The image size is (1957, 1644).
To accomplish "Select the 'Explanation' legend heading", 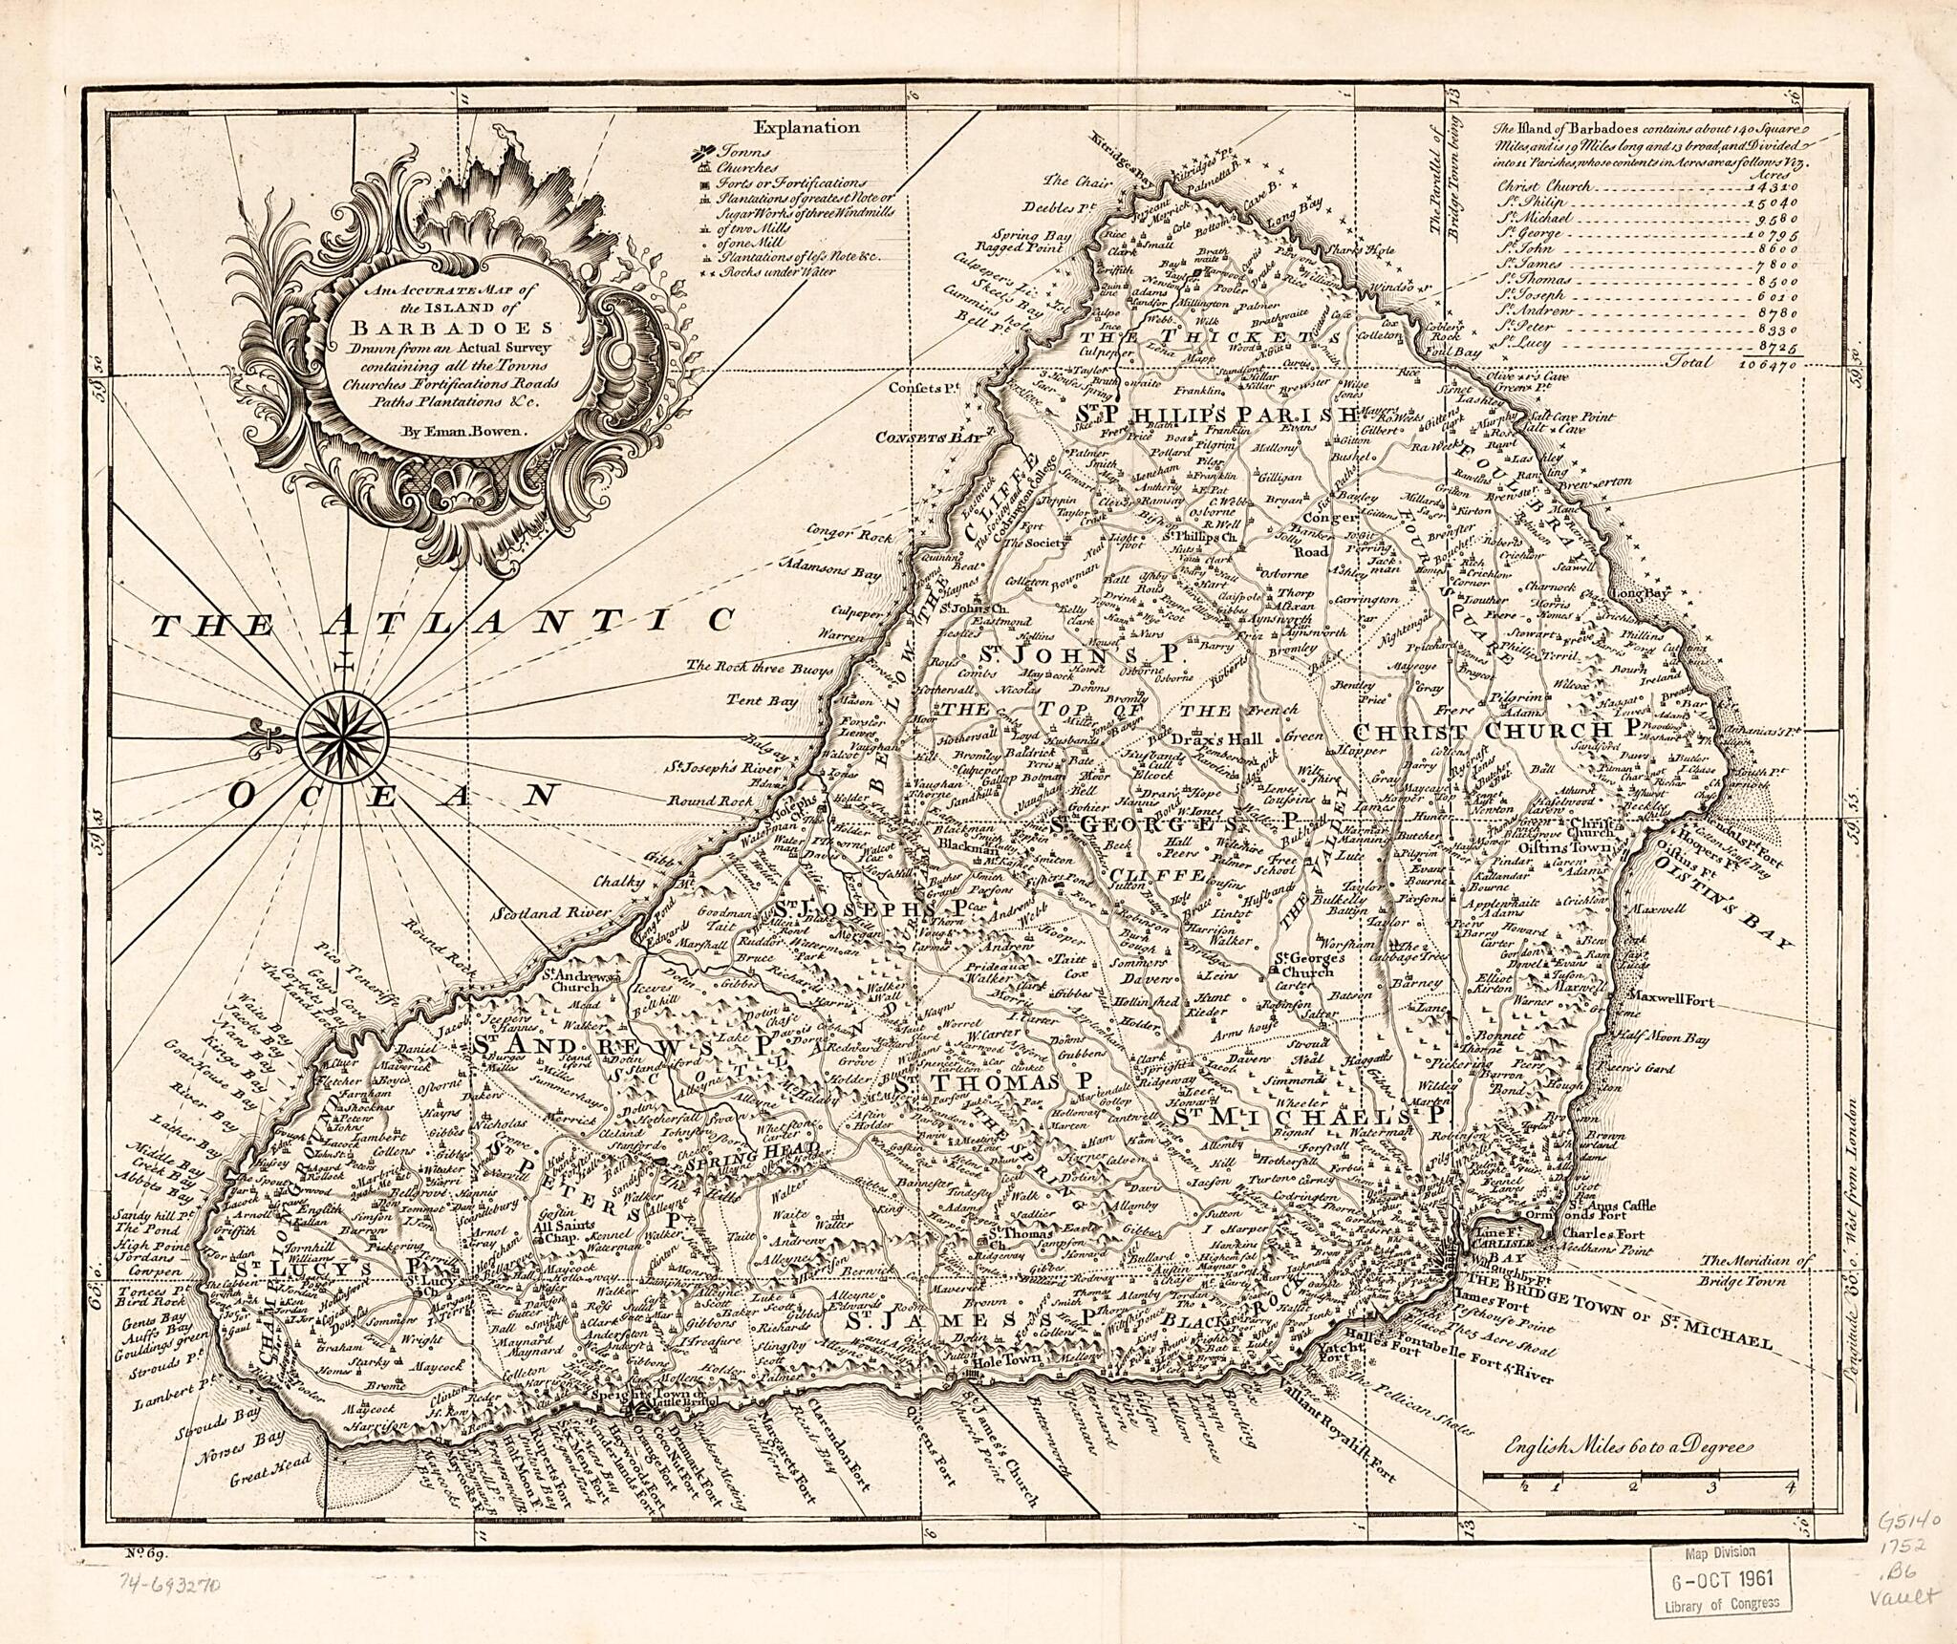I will (806, 127).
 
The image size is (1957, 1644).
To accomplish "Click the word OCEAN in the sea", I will (392, 795).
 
